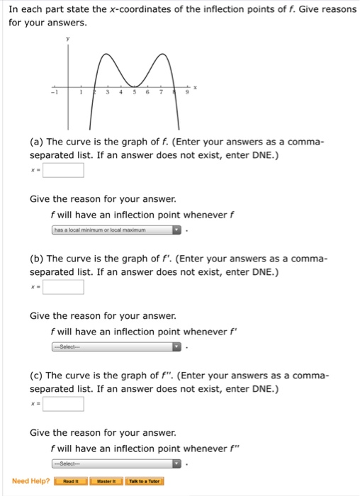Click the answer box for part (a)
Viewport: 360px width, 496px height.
(64, 170)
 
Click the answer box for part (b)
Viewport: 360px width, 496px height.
(64, 287)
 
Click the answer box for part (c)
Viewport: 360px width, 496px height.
(64, 404)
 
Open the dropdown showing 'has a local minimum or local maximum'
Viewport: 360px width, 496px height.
(117, 230)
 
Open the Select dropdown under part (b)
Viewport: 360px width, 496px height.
(117, 346)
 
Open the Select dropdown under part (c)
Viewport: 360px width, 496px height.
(117, 463)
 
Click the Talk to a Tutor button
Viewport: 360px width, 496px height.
(145, 482)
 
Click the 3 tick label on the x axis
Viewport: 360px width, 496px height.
(108, 91)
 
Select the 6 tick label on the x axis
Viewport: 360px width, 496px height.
(147, 91)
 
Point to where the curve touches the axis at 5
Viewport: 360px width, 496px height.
(134, 86)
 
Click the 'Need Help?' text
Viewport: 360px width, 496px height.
(30, 482)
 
